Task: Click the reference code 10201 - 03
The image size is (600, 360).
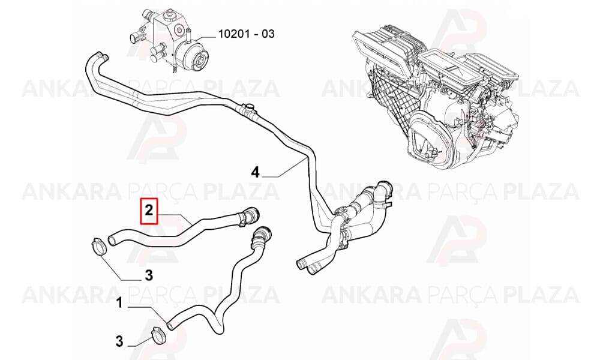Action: [246, 34]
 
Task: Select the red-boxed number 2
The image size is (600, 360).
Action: [149, 211]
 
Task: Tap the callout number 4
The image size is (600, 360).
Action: [255, 172]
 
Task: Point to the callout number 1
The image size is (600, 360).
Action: [119, 304]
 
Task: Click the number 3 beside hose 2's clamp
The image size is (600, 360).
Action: [149, 275]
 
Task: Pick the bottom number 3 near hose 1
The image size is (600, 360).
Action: [119, 341]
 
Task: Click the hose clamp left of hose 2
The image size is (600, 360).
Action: [99, 247]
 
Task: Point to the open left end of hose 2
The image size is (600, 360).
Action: [112, 240]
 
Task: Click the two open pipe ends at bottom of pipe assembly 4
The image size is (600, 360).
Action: [307, 266]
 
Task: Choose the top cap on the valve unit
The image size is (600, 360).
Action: [167, 16]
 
